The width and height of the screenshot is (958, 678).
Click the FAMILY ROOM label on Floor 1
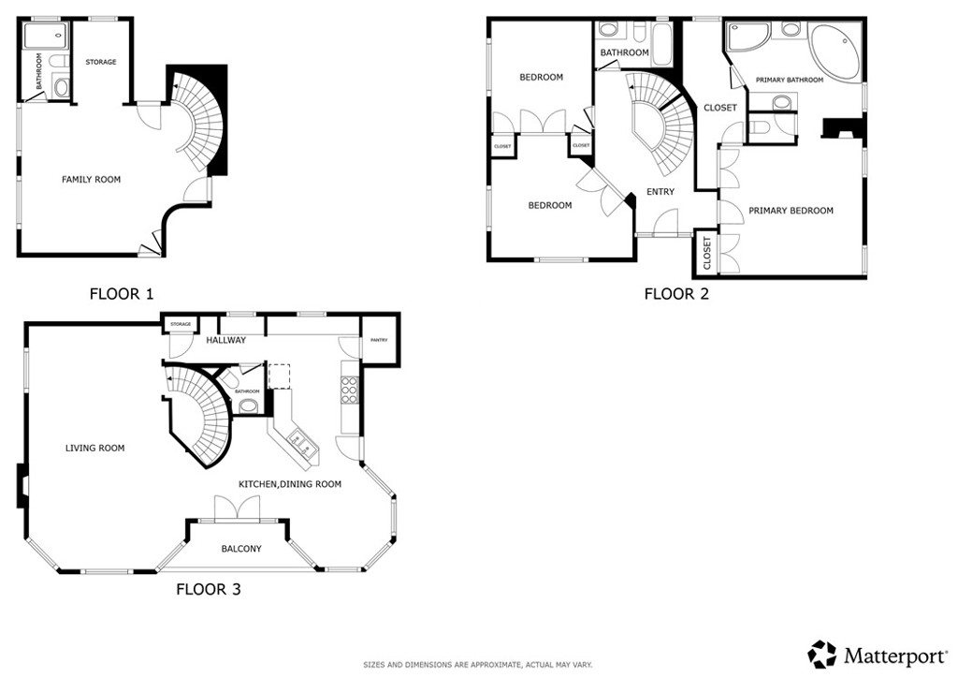coord(91,179)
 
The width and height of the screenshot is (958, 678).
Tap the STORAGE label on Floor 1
coord(101,62)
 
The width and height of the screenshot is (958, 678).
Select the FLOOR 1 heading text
coord(122,293)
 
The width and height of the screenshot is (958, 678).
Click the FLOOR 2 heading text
coord(676,294)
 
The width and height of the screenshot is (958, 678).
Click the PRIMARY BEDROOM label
coord(791,211)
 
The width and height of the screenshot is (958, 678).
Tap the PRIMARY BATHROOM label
coord(790,81)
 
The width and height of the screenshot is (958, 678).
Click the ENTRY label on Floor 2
coord(660,192)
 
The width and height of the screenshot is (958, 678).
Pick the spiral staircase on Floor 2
coord(662,126)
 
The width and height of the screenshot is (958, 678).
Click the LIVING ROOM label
coord(94,448)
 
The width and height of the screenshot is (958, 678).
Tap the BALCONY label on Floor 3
coord(241,549)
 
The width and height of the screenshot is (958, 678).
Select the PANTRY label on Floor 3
coord(379,341)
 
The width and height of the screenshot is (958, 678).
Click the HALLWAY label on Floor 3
coord(225,340)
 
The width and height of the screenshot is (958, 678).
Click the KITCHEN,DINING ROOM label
coord(289,484)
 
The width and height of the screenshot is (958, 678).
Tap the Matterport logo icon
coord(822,654)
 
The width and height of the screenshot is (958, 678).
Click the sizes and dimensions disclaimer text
coord(477,665)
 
